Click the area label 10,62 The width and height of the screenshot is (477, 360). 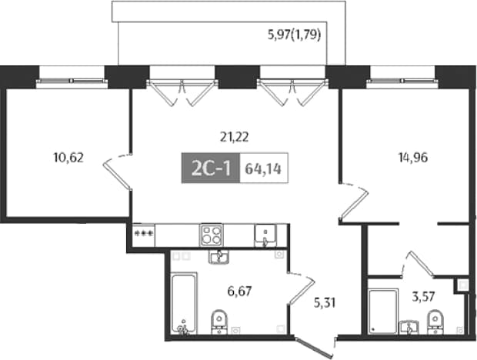(x=68, y=158)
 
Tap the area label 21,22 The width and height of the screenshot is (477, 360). (x=234, y=137)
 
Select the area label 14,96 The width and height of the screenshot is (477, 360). (x=413, y=158)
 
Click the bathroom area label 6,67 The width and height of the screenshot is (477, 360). (x=240, y=292)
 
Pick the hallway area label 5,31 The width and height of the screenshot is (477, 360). (x=325, y=303)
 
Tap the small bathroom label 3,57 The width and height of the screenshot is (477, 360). (x=423, y=296)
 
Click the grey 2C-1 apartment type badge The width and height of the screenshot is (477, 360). (x=211, y=168)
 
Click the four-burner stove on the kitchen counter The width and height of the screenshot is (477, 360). (x=211, y=235)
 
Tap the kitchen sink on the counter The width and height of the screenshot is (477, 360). (x=265, y=235)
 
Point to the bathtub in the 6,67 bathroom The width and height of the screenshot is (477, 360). (x=183, y=303)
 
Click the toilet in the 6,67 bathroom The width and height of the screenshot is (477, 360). (x=219, y=322)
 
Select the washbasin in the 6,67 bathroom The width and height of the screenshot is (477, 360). (x=219, y=257)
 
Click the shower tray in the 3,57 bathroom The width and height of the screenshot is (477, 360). (x=383, y=312)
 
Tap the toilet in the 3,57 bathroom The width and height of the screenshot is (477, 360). (x=435, y=322)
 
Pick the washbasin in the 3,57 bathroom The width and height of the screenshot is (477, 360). (x=409, y=327)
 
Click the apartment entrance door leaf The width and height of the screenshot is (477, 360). (x=314, y=346)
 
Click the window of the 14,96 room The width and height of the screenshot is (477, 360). (x=402, y=81)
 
